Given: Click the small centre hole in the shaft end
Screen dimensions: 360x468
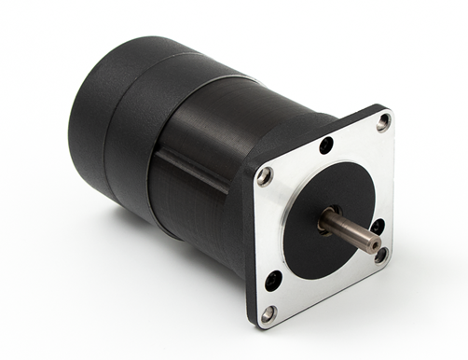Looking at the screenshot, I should [x=374, y=245].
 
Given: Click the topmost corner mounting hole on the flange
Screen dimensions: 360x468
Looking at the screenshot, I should [x=383, y=122].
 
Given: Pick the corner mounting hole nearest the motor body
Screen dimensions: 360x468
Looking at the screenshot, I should [x=265, y=176].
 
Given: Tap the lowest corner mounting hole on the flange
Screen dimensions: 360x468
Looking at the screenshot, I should [x=268, y=312].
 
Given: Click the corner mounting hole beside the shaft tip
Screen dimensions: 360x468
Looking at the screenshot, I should [x=380, y=254].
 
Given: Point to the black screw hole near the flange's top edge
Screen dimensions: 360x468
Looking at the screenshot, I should [x=325, y=145].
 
